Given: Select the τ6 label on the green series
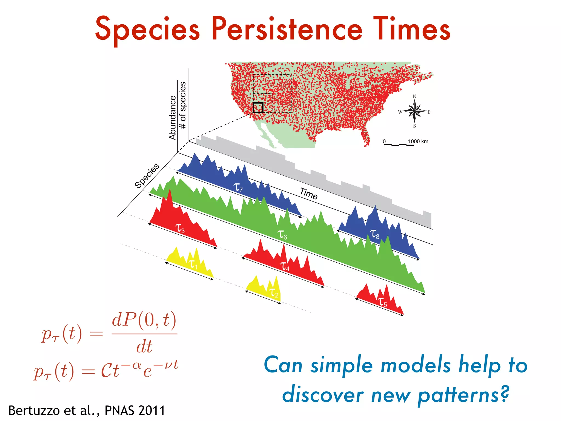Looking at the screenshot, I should (282, 235).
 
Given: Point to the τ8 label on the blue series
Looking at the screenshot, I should (374, 234).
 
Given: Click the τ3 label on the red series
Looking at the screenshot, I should (180, 228).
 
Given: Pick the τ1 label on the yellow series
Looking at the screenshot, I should (193, 264).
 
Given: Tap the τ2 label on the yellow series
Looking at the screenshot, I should (274, 292).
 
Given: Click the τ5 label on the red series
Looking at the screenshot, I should (382, 302).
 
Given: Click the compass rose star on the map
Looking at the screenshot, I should (414, 111).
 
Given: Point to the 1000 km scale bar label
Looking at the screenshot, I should (418, 141).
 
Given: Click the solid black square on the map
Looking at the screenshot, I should (258, 107).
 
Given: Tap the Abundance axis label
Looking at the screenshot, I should (172, 118).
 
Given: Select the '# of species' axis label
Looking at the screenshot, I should (182, 105).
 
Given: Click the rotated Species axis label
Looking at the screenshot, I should (147, 176).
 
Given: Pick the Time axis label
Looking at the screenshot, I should (309, 194).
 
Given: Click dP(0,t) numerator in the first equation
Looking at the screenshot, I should (144, 320).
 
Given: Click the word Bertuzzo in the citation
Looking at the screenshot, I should (34, 410).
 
